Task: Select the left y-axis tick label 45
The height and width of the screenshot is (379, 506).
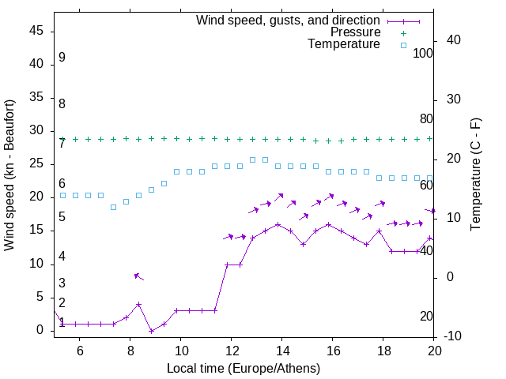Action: (36, 31)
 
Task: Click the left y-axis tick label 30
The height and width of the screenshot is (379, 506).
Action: (36, 131)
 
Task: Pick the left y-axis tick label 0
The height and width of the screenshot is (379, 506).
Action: (40, 330)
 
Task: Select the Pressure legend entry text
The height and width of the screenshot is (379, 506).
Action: (355, 32)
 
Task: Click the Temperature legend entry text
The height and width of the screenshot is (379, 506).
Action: (344, 44)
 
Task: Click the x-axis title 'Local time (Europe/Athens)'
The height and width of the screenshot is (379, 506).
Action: (244, 368)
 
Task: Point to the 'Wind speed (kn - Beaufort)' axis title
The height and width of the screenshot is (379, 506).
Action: (9, 175)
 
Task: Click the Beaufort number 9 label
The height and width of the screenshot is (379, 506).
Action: (62, 58)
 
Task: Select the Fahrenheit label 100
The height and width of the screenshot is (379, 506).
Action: (423, 53)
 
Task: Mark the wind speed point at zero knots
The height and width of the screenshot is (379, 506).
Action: (151, 331)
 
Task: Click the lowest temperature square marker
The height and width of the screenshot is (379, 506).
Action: (113, 207)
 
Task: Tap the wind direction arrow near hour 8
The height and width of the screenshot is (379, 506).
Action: (138, 276)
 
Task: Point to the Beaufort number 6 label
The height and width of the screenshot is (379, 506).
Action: (62, 183)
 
